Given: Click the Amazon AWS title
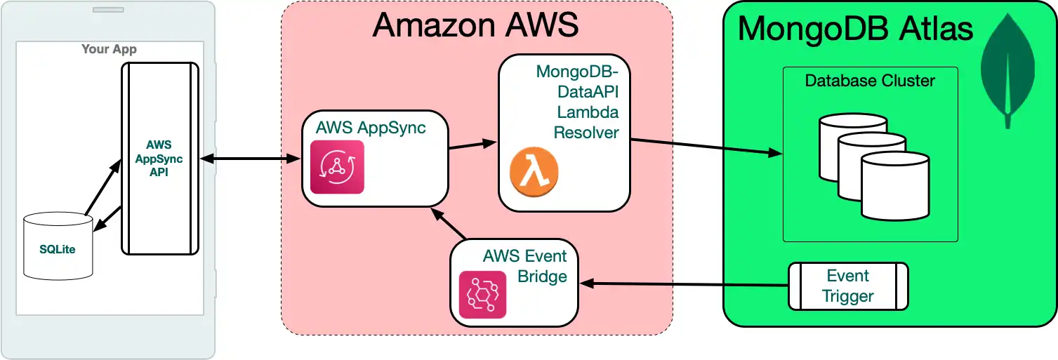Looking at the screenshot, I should click(475, 25).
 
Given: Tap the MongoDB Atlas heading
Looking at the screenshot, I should click(855, 29).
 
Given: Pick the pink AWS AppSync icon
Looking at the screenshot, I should click(337, 167).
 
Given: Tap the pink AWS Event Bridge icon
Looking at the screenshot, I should click(482, 294).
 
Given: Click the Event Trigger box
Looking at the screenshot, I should click(847, 286).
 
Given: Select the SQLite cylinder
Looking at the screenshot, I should click(58, 246).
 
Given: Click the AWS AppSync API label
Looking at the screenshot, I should click(159, 159).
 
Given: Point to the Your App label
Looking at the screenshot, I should click(109, 49).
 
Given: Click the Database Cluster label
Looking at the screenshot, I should click(870, 81).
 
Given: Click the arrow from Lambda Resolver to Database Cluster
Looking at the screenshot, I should click(706, 146).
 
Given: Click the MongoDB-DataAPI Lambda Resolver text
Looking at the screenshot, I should click(577, 102).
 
